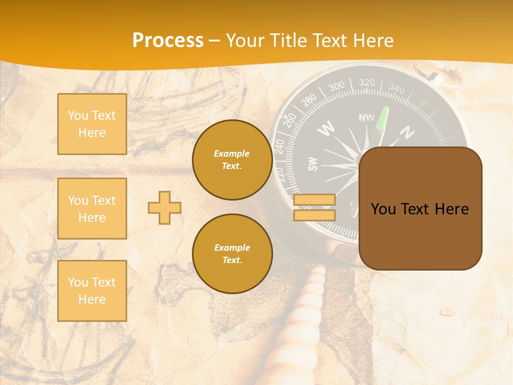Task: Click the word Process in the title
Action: click(x=168, y=41)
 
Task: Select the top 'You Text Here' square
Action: click(x=92, y=124)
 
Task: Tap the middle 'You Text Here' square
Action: click(x=92, y=209)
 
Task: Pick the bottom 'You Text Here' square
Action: click(x=92, y=291)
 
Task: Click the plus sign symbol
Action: click(x=165, y=207)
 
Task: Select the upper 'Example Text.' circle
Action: click(x=232, y=160)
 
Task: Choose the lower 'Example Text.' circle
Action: click(x=232, y=254)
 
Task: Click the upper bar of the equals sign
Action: click(x=314, y=200)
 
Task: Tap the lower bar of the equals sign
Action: click(x=314, y=215)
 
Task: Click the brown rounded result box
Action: click(x=420, y=209)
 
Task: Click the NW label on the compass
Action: click(x=367, y=118)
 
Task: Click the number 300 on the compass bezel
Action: click(x=337, y=87)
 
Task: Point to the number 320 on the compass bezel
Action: click(x=367, y=82)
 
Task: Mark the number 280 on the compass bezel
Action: click(x=309, y=100)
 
